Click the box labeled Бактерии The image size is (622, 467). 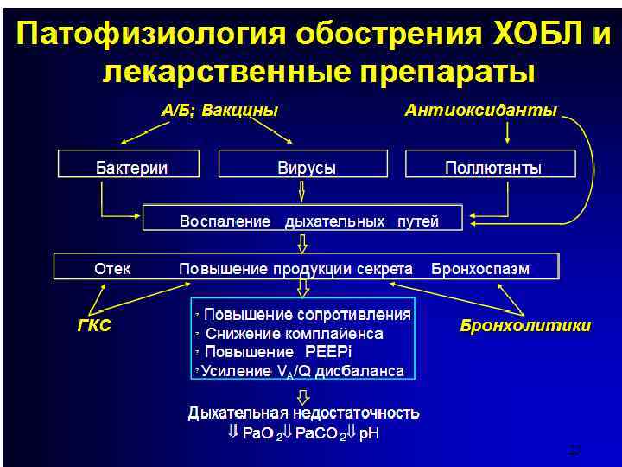(x=130, y=168)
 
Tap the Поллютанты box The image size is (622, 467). (x=492, y=168)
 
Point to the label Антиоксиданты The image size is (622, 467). (x=481, y=110)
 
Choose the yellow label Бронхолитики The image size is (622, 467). (x=525, y=326)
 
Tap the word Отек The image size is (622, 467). (x=113, y=269)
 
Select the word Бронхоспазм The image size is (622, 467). (x=480, y=269)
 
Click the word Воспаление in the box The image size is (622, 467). (x=225, y=221)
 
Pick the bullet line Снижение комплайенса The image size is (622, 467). (x=295, y=334)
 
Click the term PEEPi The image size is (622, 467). (x=329, y=352)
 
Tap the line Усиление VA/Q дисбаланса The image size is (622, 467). (x=302, y=371)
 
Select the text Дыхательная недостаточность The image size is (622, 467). (x=304, y=413)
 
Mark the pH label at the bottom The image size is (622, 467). (x=369, y=432)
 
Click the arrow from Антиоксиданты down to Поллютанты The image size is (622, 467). (x=508, y=132)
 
